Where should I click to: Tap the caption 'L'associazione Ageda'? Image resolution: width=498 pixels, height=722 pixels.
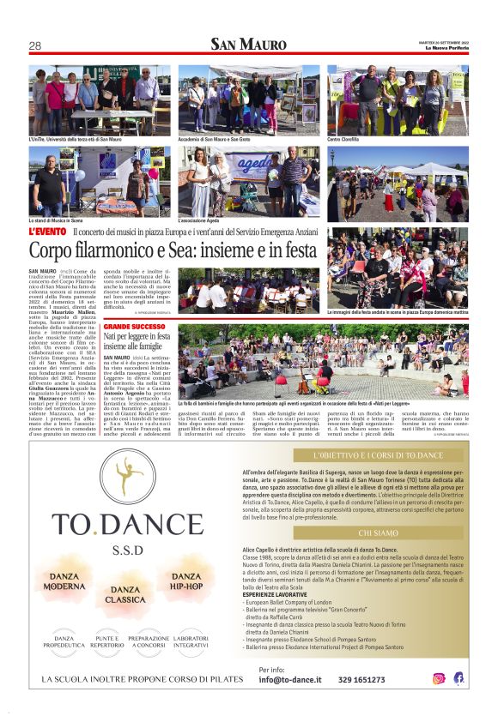pyautogui.click(x=199, y=220)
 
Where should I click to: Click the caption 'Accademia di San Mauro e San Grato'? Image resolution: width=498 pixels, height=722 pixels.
pyautogui.click(x=214, y=140)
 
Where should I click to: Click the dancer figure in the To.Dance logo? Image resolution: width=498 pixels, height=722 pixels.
pyautogui.click(x=128, y=475)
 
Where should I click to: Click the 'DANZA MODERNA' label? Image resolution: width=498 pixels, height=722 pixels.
pyautogui.click(x=64, y=581)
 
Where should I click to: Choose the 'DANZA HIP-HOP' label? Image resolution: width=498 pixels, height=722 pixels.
pyautogui.click(x=186, y=581)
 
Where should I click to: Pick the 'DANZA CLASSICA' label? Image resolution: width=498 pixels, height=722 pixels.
pyautogui.click(x=125, y=594)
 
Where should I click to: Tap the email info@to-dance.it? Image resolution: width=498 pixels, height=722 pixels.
pyautogui.click(x=290, y=680)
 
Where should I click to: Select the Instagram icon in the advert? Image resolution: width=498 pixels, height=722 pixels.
pyautogui.click(x=439, y=678)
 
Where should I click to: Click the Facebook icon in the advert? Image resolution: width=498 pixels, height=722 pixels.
pyautogui.click(x=459, y=678)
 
